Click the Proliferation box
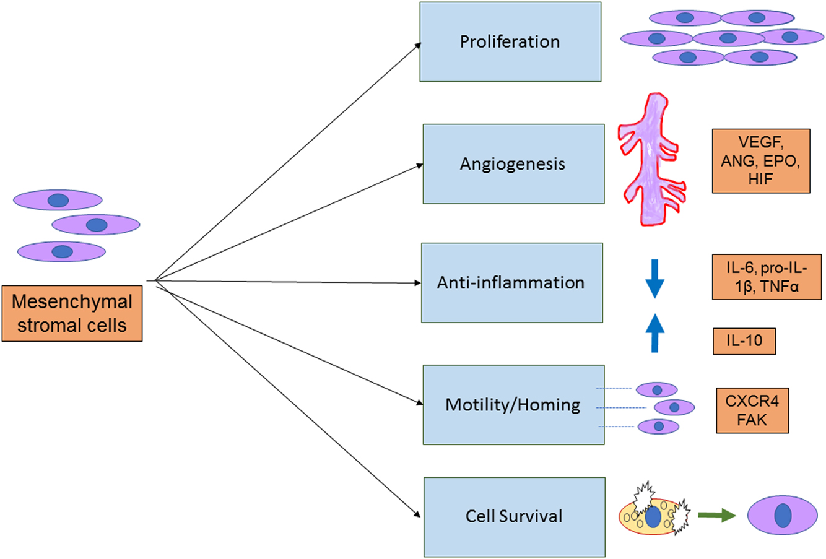510,41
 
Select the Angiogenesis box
513,163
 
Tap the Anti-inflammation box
511,282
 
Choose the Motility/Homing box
513,404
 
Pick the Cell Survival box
514,516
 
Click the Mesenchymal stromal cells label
72,313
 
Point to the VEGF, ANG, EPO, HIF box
760,160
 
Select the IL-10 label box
744,340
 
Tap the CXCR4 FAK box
752,410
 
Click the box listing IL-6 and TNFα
767,277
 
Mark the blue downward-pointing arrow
654,279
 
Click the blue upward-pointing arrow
654,333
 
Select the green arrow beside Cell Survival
716,515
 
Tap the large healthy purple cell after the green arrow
782,516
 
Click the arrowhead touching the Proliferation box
418,45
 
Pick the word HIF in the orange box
760,180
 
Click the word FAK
752,419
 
